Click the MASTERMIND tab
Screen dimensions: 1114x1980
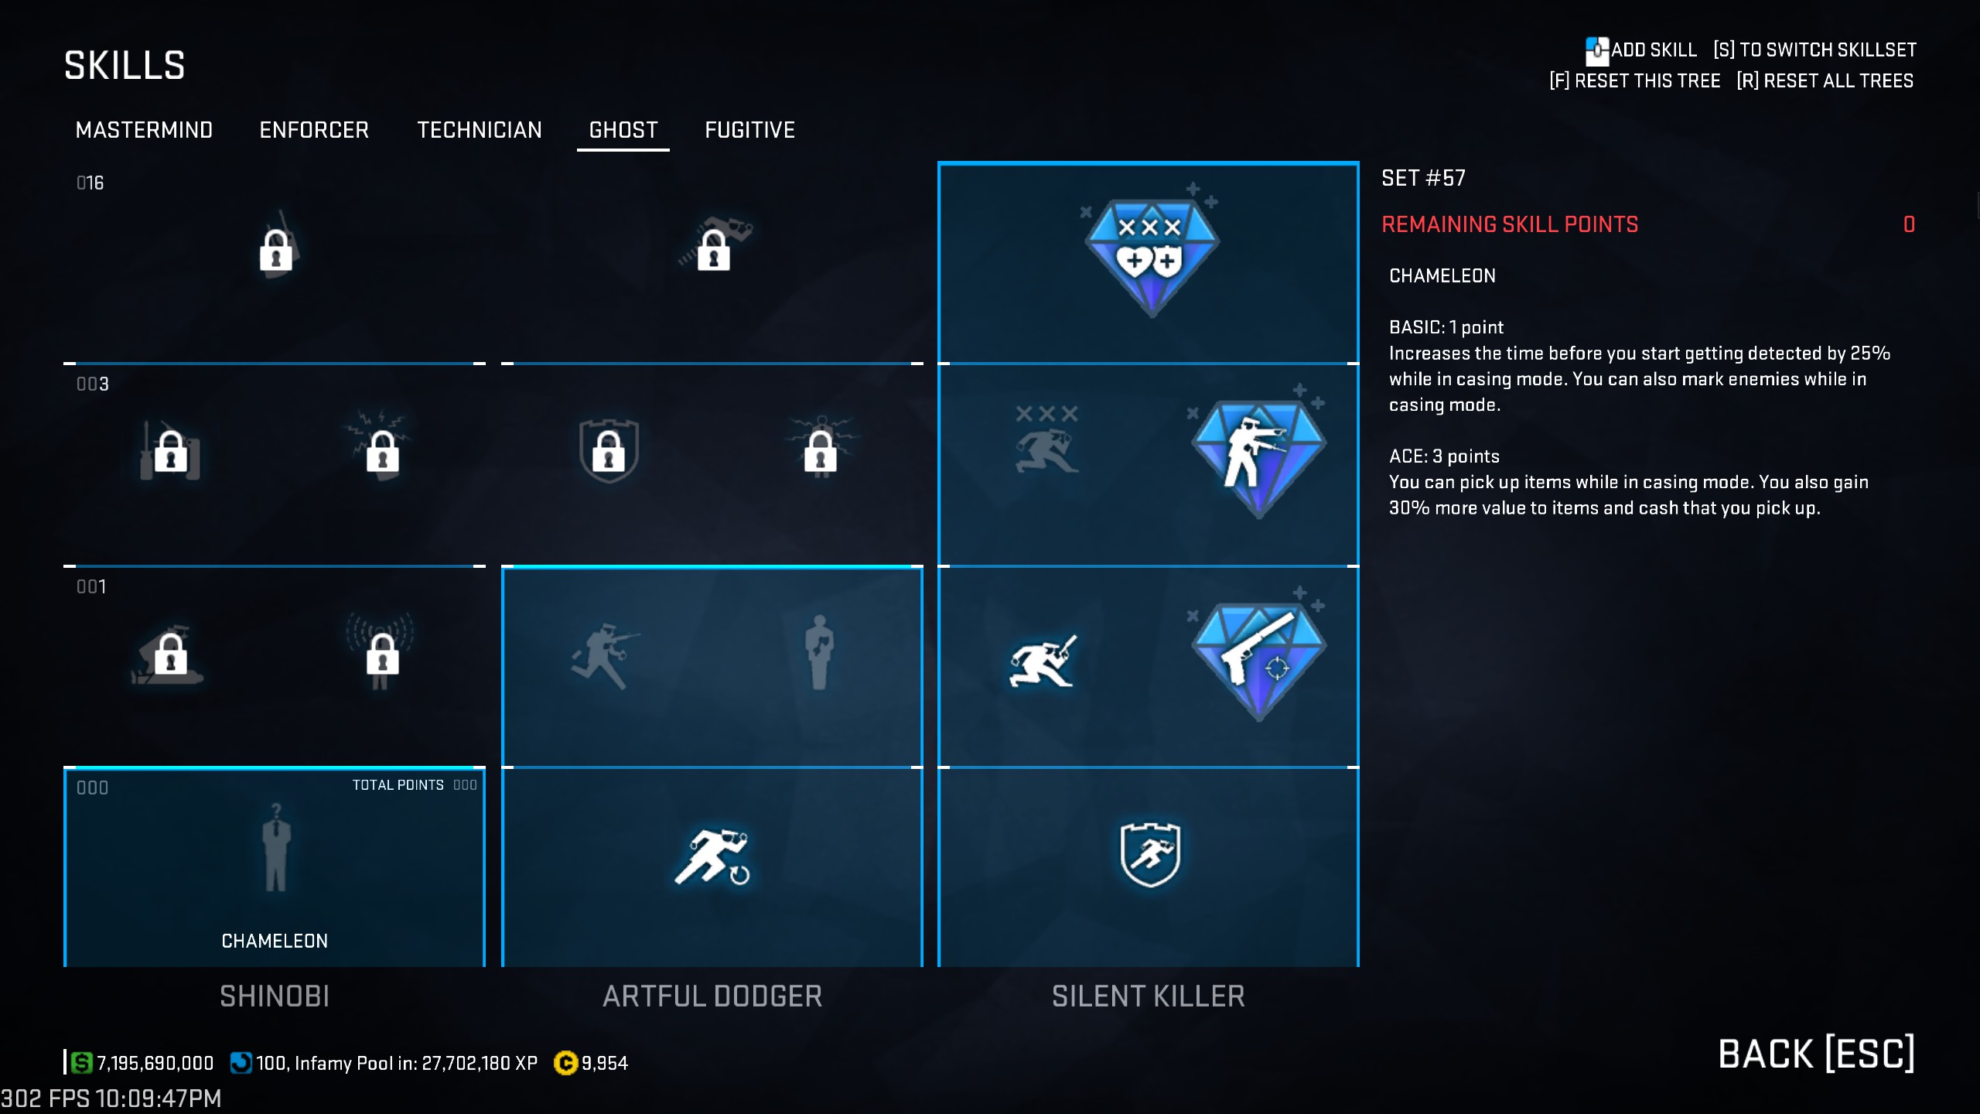(x=144, y=130)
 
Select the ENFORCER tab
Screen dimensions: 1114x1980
(x=314, y=130)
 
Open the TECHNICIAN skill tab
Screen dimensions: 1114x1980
(x=480, y=130)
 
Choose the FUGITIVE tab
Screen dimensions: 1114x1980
(x=749, y=130)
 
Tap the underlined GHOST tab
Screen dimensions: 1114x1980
(x=623, y=130)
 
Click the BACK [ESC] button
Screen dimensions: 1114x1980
(x=1816, y=1054)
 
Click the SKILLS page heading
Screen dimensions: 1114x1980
(x=125, y=65)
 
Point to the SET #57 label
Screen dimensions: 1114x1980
(x=1423, y=178)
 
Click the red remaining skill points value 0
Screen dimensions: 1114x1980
(x=1909, y=224)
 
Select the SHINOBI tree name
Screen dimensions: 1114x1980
(x=275, y=996)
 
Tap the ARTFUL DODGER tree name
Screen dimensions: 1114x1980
(x=712, y=996)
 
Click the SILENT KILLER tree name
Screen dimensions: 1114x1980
(x=1149, y=996)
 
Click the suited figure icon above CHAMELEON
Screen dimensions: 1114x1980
(x=275, y=848)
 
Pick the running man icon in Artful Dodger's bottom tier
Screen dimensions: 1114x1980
(x=712, y=856)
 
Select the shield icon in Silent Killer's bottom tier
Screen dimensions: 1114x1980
(x=1150, y=854)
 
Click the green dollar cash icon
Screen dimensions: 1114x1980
(x=81, y=1063)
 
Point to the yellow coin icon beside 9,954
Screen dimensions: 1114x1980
(x=565, y=1063)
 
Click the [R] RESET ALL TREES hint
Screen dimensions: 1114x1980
(x=1825, y=80)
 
